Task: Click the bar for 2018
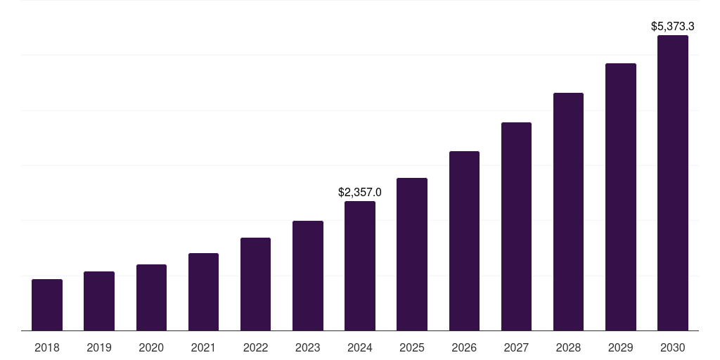[47, 305]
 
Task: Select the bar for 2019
[99, 301]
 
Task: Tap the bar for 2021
[203, 292]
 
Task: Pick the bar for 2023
[308, 276]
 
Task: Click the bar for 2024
[360, 266]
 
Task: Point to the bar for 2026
[464, 240]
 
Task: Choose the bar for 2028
[568, 212]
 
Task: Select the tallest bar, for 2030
[673, 183]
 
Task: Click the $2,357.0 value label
[360, 192]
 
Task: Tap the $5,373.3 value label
[673, 27]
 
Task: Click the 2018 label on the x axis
[47, 347]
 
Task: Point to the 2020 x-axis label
[151, 347]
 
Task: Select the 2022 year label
[255, 347]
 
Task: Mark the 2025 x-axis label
[412, 347]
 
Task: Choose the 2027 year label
[516, 347]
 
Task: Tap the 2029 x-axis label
[621, 347]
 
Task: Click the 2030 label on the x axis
[673, 347]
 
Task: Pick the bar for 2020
[151, 297]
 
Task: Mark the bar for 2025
[412, 254]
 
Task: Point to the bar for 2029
[621, 197]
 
